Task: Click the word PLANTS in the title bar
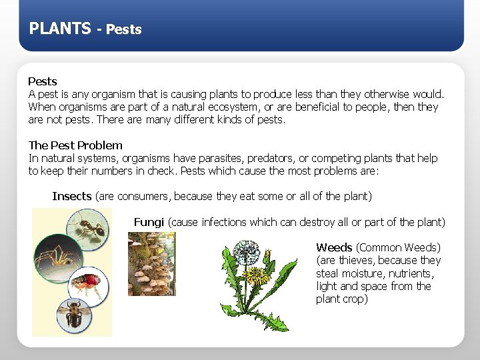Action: click(60, 28)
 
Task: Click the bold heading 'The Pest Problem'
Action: click(75, 145)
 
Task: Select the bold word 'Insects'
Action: click(72, 196)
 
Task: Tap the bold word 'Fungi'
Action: click(149, 222)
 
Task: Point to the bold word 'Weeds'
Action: click(335, 247)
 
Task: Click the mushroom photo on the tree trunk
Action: click(151, 263)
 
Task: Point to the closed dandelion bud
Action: click(267, 257)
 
